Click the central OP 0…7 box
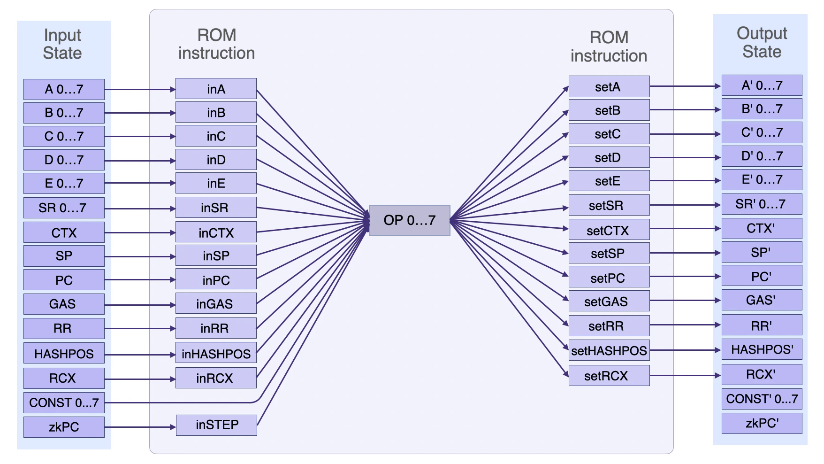(x=409, y=220)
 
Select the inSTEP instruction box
(x=216, y=425)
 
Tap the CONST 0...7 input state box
(x=64, y=403)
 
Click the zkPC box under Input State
(x=64, y=427)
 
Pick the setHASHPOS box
(x=609, y=351)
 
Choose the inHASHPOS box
(x=216, y=354)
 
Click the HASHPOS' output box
(x=762, y=350)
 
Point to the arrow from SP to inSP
(x=140, y=257)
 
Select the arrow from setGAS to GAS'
(x=685, y=301)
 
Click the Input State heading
(x=62, y=44)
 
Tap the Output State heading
(x=762, y=42)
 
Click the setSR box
(x=609, y=206)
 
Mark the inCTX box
(x=216, y=233)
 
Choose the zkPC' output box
(x=762, y=424)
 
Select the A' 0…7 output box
(x=762, y=85)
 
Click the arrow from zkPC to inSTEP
(x=140, y=427)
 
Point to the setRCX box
(x=609, y=376)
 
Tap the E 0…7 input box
(x=64, y=184)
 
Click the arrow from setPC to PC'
(x=685, y=277)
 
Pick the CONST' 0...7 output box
(x=762, y=399)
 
